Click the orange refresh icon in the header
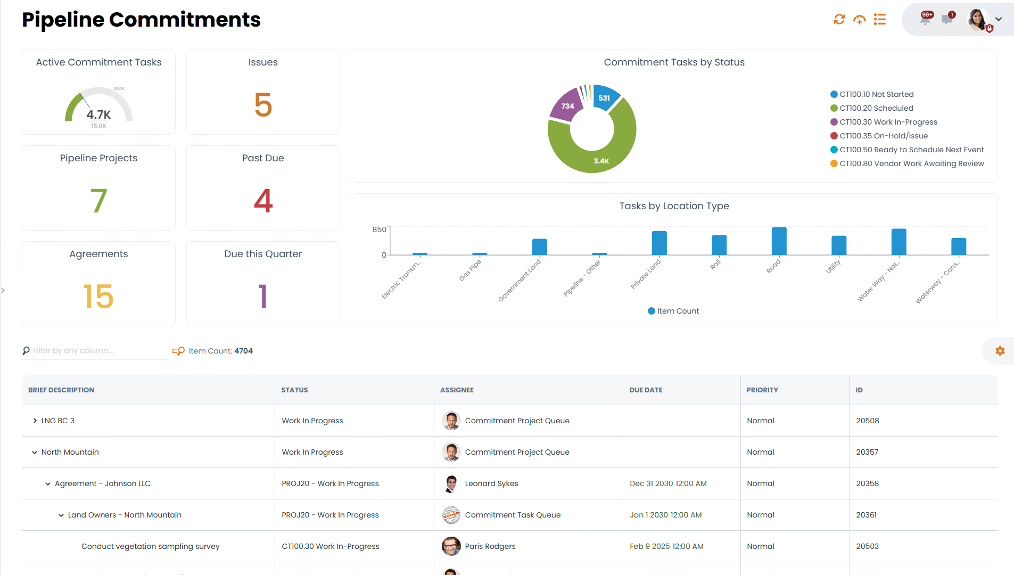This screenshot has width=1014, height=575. pos(839,20)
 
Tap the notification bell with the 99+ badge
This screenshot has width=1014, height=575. pos(926,20)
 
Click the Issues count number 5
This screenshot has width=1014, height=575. pos(263,105)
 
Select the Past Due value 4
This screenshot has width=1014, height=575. pos(263,201)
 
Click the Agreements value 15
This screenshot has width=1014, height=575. pos(98,297)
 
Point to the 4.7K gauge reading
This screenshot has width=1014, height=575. pos(98,114)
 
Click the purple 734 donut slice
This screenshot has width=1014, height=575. pos(566,105)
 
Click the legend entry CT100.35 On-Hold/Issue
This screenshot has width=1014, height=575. pos(883,136)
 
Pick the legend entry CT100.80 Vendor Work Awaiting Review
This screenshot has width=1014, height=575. pos(911,163)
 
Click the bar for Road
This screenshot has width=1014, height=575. pos(779,241)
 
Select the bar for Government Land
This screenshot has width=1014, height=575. pos(539,247)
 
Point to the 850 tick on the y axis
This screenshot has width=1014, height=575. pos(379,229)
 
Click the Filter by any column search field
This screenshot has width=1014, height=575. pos(98,350)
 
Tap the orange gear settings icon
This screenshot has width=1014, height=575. pos(1000,351)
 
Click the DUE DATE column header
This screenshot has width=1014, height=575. pos(646,390)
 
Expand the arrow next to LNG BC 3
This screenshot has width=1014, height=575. pos(35,421)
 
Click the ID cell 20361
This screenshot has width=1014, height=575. pos(866,515)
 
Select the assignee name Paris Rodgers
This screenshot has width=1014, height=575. pos(490,546)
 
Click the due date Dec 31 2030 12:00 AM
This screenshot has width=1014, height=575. pos(668,483)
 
